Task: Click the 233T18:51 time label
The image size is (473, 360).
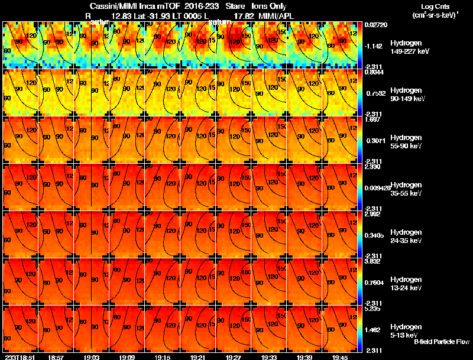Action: click(20, 357)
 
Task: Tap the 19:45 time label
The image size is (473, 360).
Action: click(340, 357)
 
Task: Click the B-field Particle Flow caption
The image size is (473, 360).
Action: click(441, 342)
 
